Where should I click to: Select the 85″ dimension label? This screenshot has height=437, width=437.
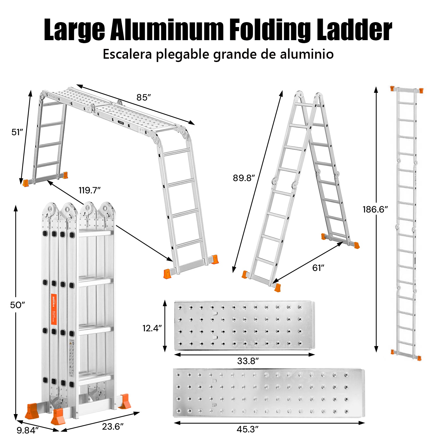tap(144, 98)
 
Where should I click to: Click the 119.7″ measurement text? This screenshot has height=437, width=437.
tap(90, 190)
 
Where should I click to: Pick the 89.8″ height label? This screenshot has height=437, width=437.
tap(244, 178)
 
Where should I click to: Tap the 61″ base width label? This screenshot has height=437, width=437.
tap(318, 268)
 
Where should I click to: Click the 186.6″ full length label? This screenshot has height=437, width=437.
tap(375, 209)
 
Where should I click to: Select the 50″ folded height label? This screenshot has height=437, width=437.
tap(17, 305)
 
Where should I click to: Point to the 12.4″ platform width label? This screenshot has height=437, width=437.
tap(152, 328)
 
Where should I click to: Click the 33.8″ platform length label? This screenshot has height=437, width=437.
tap(248, 361)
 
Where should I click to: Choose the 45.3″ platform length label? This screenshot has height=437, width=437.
tap(247, 429)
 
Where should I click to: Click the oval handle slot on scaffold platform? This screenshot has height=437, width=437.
tap(121, 123)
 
